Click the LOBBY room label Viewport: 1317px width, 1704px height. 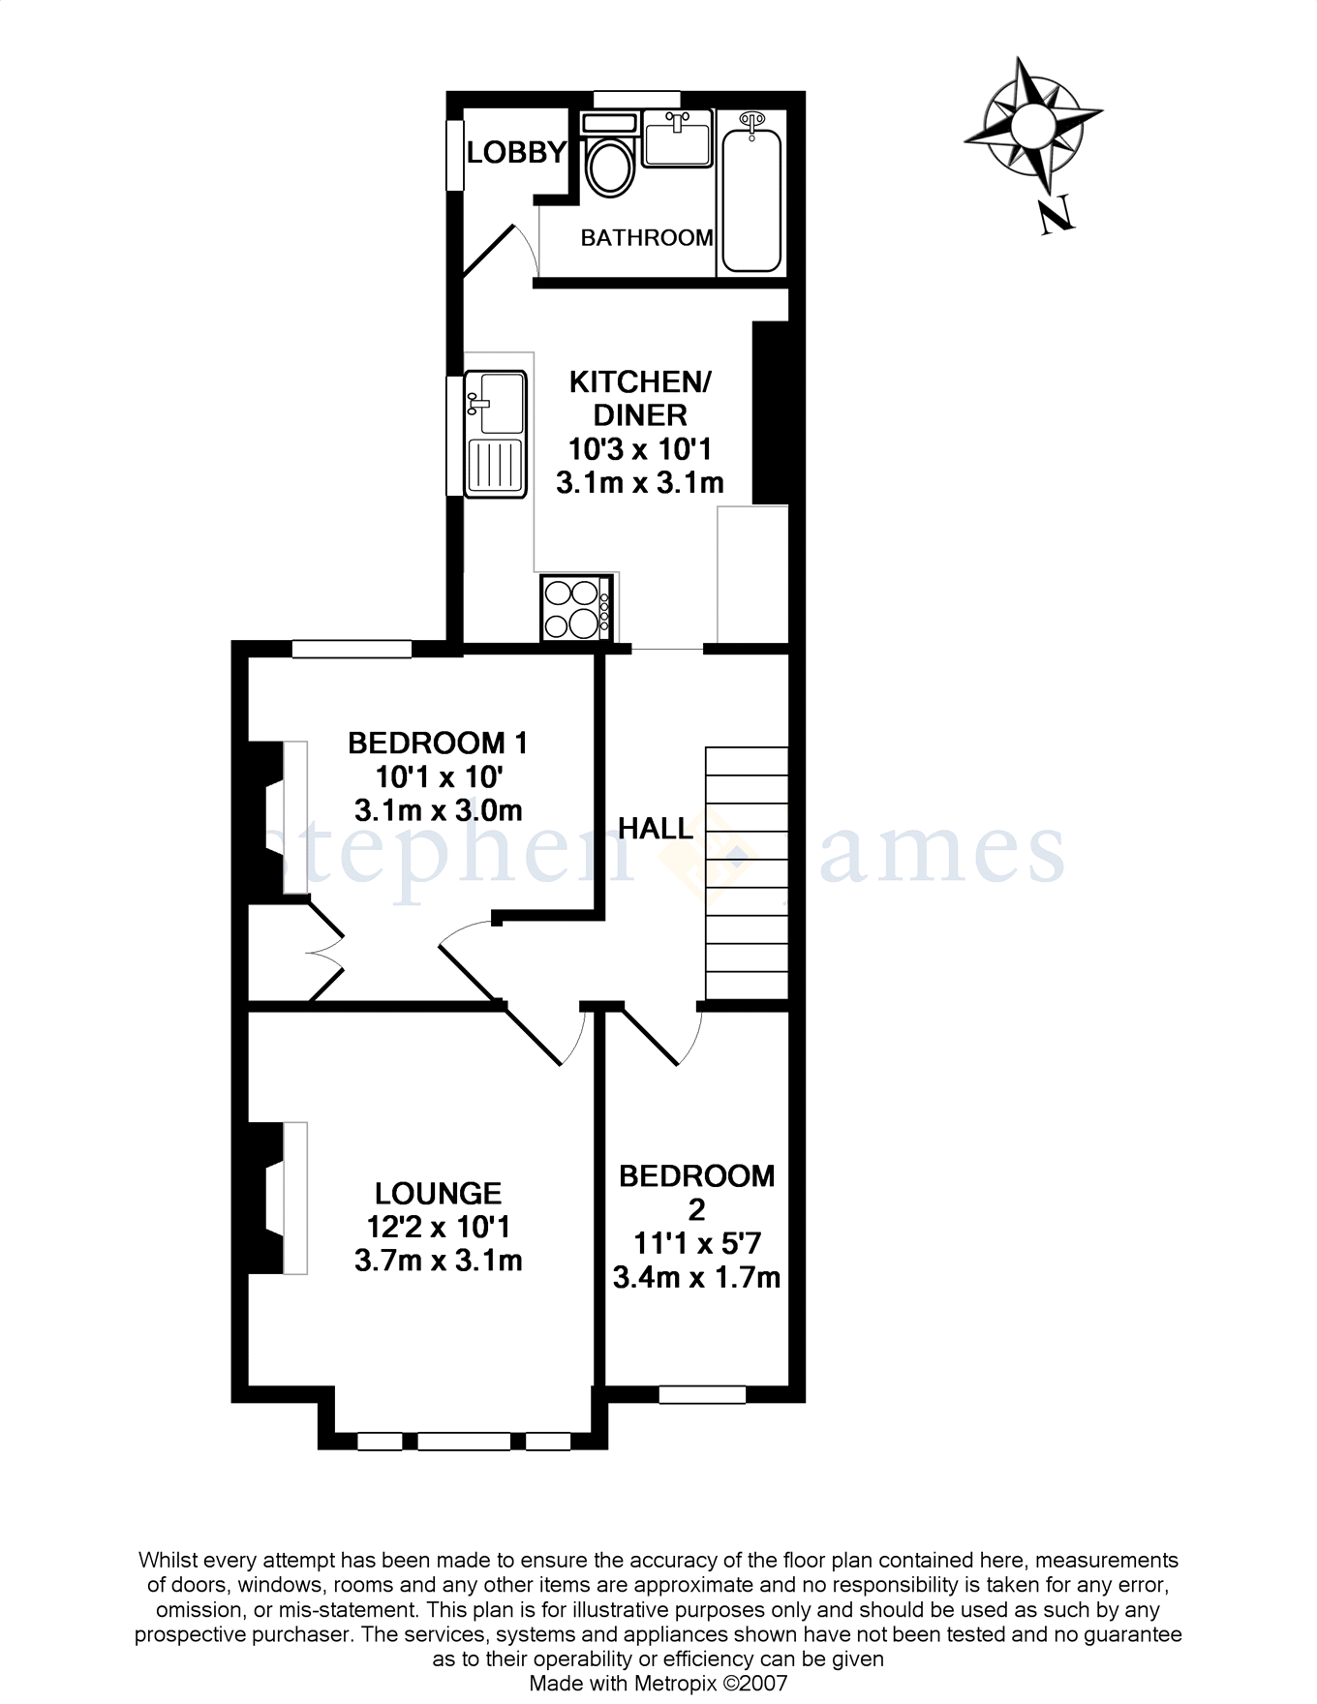[516, 152]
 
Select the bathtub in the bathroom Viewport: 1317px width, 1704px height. [751, 194]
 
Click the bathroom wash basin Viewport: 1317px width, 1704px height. [677, 137]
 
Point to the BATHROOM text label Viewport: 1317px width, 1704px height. [647, 237]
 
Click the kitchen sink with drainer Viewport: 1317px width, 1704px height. [495, 434]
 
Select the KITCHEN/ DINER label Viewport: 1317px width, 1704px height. [640, 398]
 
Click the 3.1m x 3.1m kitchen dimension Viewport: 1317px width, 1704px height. [640, 482]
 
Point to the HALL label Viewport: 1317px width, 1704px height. [656, 829]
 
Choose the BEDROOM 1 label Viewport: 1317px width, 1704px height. [438, 743]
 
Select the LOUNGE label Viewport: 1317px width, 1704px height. [439, 1193]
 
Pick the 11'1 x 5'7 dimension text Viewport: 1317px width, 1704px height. [696, 1243]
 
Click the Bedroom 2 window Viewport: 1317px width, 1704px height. [702, 1394]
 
